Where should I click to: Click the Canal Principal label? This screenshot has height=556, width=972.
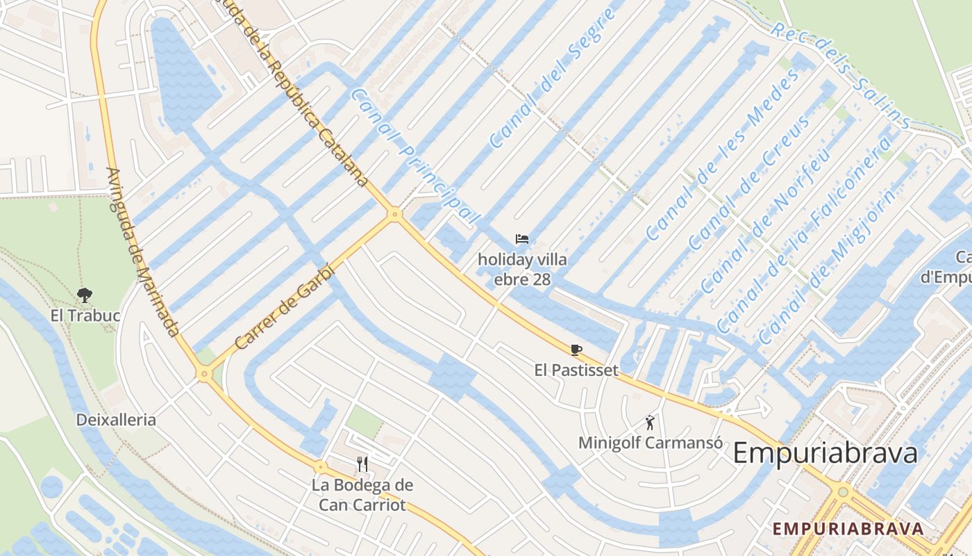pos(414,156)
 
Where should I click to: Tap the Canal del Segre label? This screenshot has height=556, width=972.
pos(551,79)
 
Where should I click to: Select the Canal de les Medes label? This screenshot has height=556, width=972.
pos(723,155)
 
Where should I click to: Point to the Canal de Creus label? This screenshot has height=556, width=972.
pos(750,182)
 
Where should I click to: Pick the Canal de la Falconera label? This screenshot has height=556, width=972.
pos(804,234)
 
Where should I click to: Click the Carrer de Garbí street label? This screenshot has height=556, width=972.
pos(285,307)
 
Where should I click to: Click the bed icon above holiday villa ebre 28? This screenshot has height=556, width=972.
pos(522,239)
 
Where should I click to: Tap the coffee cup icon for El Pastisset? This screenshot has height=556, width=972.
pos(576,350)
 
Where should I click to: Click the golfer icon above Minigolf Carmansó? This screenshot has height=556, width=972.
pos(650,422)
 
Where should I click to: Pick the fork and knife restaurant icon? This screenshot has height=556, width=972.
pos(362,464)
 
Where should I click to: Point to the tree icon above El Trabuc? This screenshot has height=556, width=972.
pos(85,295)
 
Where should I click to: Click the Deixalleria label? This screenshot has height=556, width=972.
pos(116,420)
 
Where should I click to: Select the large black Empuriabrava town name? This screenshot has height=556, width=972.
pos(825,453)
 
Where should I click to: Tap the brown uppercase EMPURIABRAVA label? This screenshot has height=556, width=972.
pos(848,528)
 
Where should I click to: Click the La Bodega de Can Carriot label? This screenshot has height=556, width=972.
pos(362,495)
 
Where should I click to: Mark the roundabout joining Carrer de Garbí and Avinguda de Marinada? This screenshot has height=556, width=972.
pos(204,374)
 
